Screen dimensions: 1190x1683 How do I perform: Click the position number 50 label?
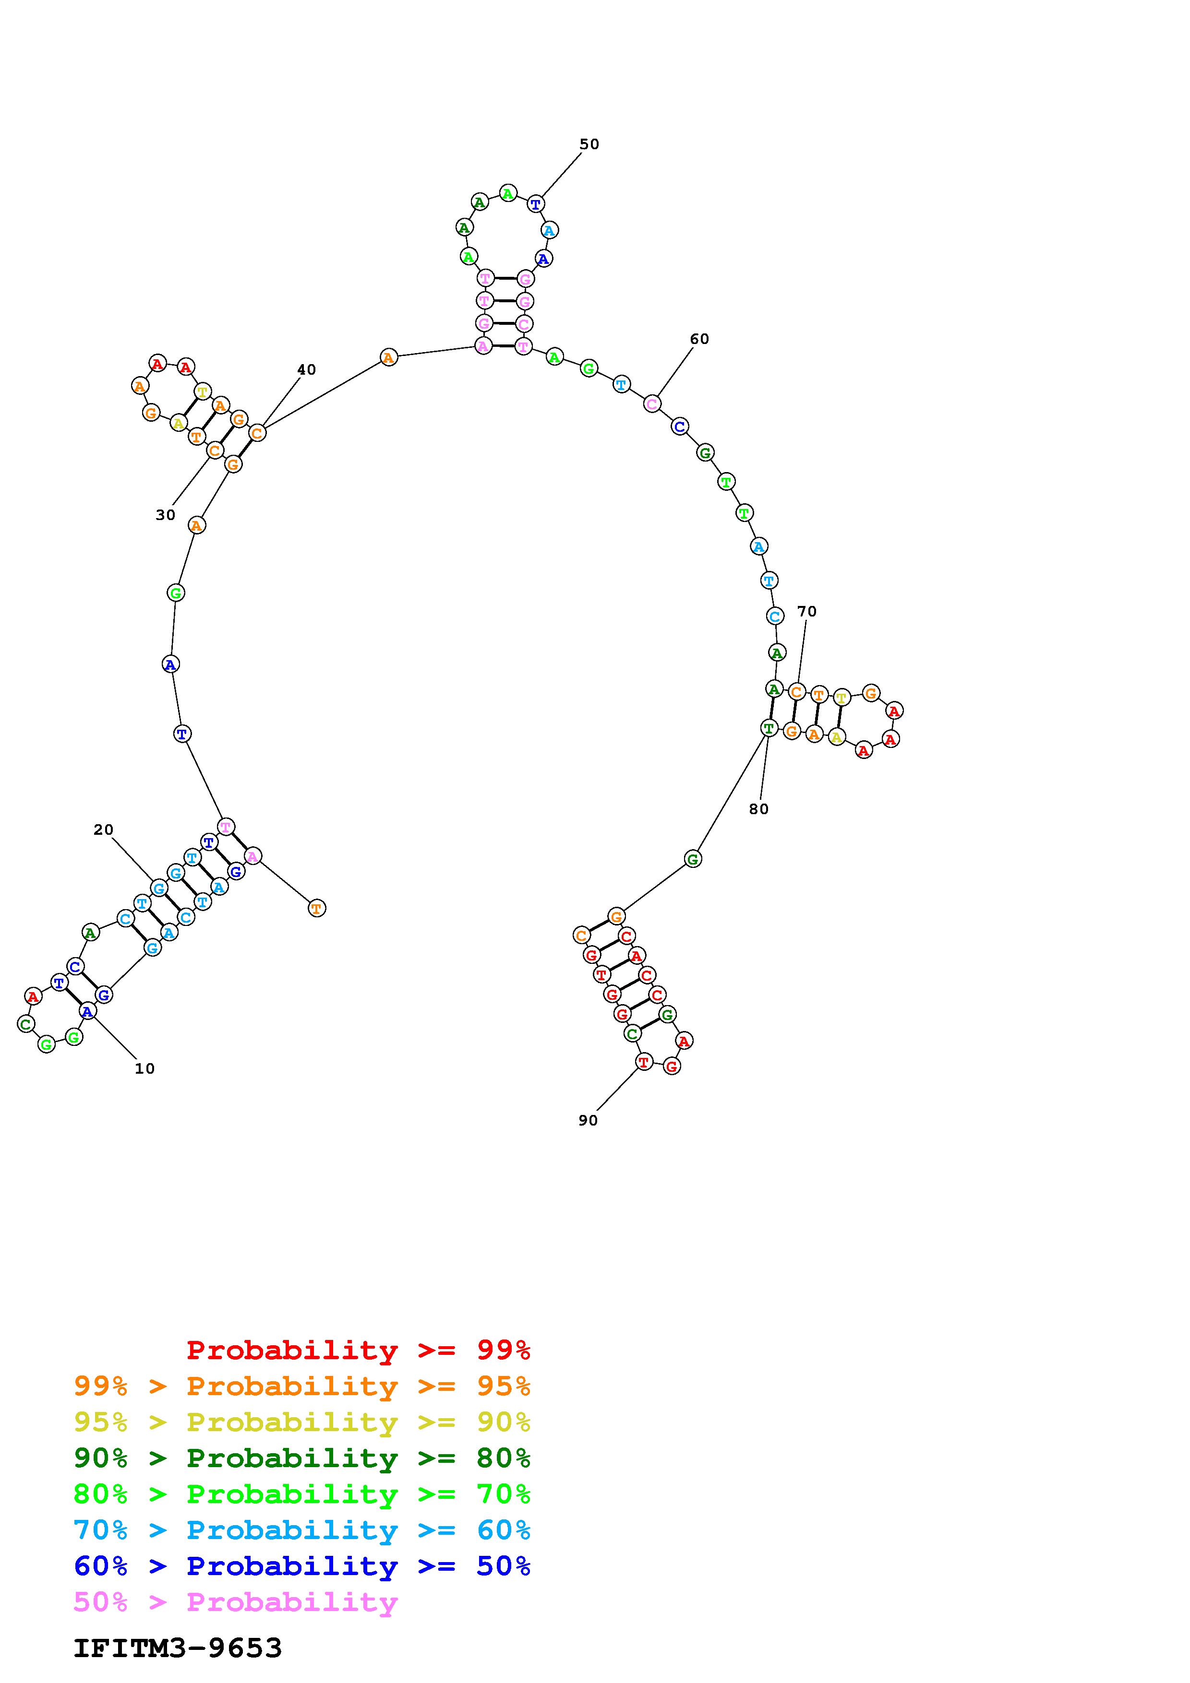(x=589, y=144)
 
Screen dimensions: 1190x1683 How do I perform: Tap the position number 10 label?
(x=144, y=1069)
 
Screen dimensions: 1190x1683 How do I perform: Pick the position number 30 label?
(x=165, y=515)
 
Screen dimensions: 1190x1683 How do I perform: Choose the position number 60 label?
(x=699, y=339)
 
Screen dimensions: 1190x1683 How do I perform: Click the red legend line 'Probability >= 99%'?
(x=359, y=1350)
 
